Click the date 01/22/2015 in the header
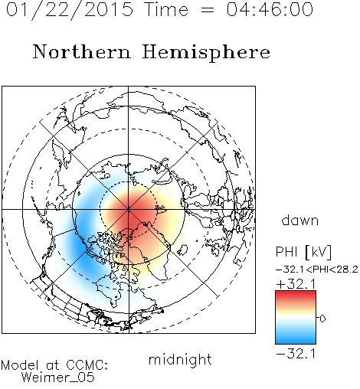pyautogui.click(x=70, y=9)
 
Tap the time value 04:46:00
pyautogui.click(x=270, y=9)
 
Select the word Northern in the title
pyautogui.click(x=82, y=51)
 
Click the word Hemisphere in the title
pyautogui.click(x=206, y=52)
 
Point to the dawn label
pyautogui.click(x=300, y=220)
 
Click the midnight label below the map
pyautogui.click(x=180, y=360)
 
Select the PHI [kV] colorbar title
pyautogui.click(x=303, y=252)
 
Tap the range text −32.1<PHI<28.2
pyautogui.click(x=317, y=270)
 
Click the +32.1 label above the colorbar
pyautogui.click(x=296, y=284)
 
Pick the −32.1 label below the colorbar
pyautogui.click(x=296, y=354)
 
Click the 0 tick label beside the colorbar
pyautogui.click(x=322, y=319)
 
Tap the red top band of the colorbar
pyautogui.click(x=296, y=294)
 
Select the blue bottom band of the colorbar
pyautogui.click(x=296, y=340)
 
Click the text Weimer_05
pyautogui.click(x=58, y=378)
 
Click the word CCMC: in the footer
pyautogui.click(x=87, y=365)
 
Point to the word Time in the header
pyautogui.click(x=166, y=9)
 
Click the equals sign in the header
pyautogui.click(x=207, y=11)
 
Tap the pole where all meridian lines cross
pyautogui.click(x=129, y=209)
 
